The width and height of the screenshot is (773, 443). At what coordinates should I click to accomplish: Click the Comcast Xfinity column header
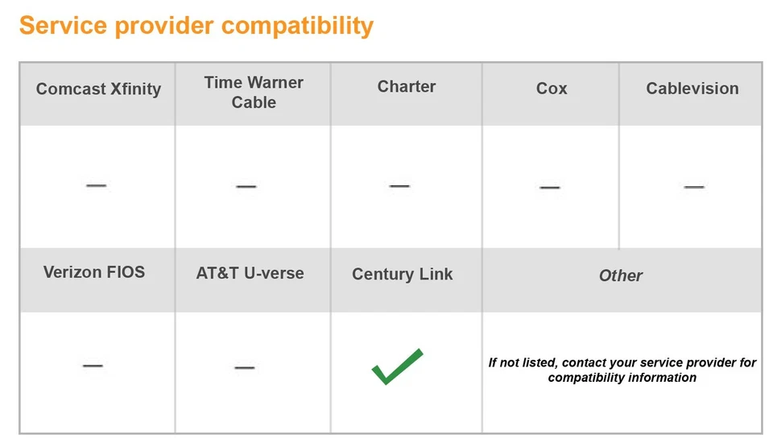[x=98, y=89]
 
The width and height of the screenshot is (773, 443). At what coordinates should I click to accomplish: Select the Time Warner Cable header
[x=254, y=93]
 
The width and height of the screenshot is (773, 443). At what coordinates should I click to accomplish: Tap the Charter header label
[x=407, y=87]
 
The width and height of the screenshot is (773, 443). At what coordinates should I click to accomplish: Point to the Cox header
[x=552, y=89]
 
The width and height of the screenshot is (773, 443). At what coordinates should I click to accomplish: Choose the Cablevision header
[x=692, y=89]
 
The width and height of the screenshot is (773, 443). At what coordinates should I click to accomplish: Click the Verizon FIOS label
[x=94, y=271]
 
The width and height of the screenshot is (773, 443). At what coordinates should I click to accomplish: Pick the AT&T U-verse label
[x=250, y=273]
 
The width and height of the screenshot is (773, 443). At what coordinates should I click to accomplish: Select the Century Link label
[x=403, y=274]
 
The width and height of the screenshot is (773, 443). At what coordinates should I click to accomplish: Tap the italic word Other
[x=621, y=275]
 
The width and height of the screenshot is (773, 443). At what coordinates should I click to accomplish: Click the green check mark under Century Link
[x=397, y=366]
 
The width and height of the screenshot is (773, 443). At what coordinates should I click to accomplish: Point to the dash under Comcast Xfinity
[x=97, y=185]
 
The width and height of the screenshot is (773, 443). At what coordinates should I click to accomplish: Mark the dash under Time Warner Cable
[x=246, y=186]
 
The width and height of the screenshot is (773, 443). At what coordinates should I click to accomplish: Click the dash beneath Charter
[x=399, y=185]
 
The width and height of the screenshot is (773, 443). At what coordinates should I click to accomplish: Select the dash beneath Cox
[x=550, y=187]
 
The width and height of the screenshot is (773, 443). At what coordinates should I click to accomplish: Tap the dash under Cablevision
[x=694, y=186]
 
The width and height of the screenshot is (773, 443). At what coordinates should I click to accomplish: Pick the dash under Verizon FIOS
[x=93, y=366]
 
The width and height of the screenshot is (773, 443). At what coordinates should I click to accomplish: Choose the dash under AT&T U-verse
[x=245, y=367]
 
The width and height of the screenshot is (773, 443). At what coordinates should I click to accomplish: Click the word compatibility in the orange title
[x=298, y=26]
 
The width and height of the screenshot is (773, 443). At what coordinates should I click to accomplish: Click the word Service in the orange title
[x=63, y=26]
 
